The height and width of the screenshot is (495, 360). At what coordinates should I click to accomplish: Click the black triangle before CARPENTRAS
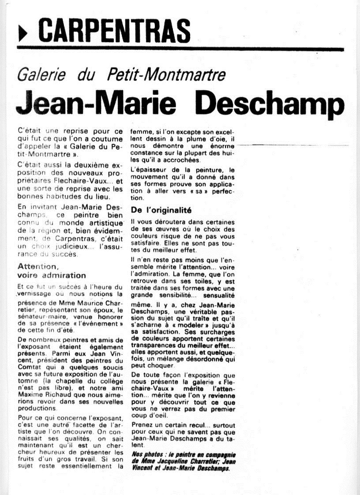[x=22, y=31]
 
